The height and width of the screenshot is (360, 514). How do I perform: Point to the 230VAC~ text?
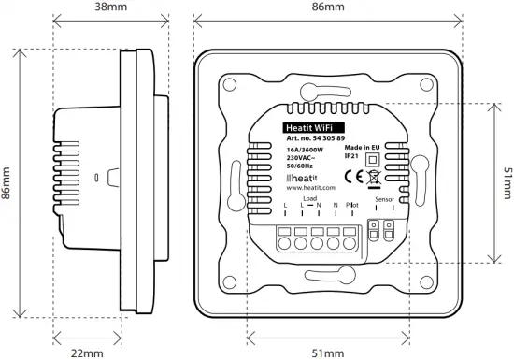301,157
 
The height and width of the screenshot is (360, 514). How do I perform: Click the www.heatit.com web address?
309,187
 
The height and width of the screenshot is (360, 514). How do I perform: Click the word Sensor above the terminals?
384,199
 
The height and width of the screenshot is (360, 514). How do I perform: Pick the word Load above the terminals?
310,199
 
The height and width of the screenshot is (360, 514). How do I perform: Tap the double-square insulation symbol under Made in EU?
373,160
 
